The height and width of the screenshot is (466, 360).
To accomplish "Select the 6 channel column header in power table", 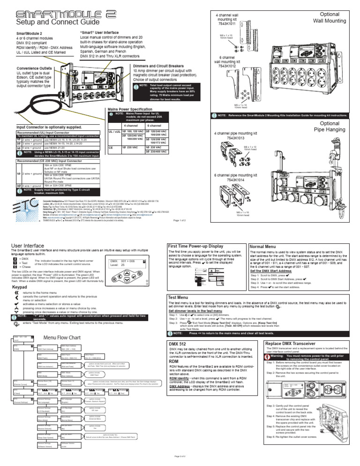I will tap(155, 126).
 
